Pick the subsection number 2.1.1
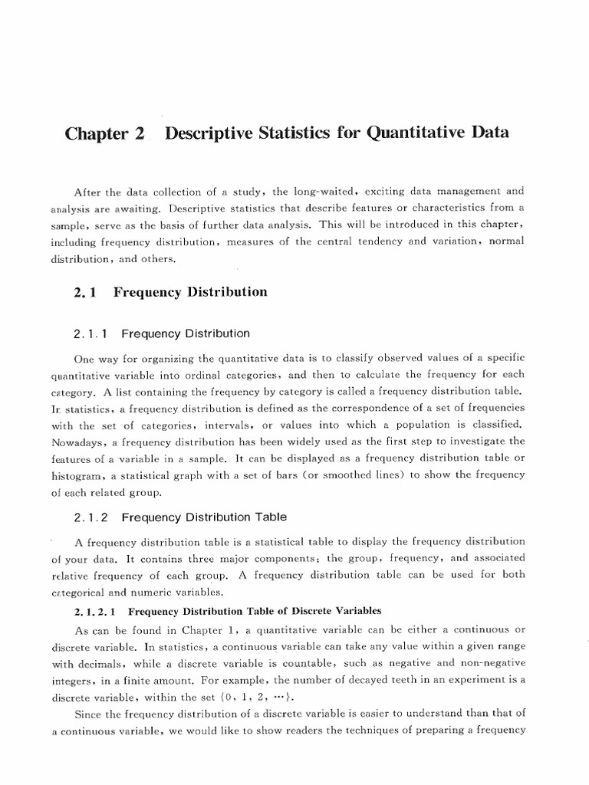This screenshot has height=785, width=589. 93,333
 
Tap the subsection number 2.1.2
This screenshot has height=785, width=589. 93,517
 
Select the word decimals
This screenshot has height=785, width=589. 133,664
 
